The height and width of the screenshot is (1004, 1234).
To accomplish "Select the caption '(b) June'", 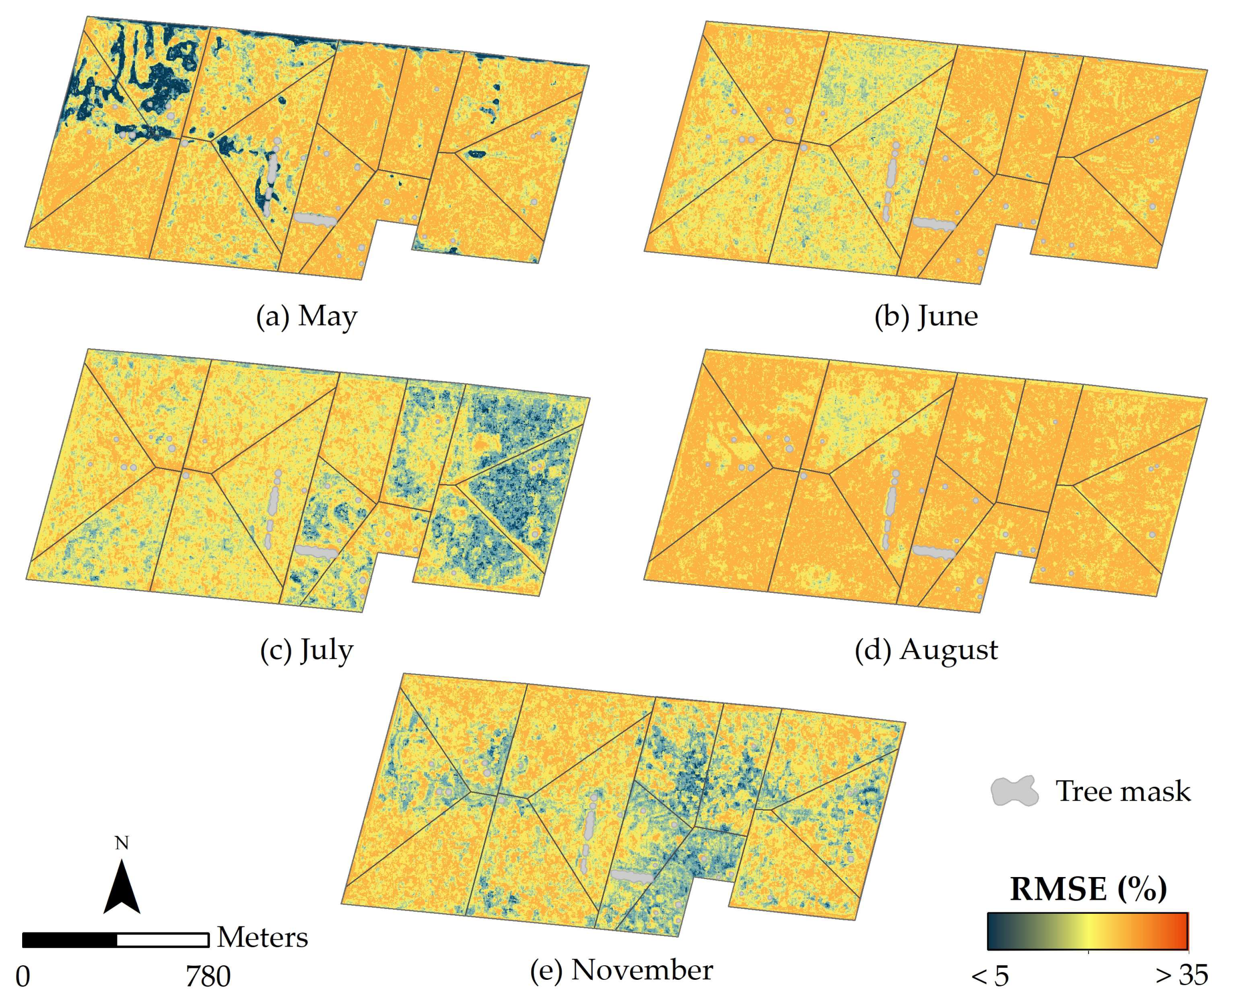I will coord(926,317).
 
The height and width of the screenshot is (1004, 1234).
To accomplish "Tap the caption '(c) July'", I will coord(306,650).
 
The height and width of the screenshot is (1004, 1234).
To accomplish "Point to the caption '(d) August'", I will coord(926,650).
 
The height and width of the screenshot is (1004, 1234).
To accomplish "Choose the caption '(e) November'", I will coord(621,970).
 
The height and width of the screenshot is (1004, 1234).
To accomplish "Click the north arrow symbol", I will coord(122,887).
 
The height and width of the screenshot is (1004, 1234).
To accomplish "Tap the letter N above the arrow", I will coord(121,843).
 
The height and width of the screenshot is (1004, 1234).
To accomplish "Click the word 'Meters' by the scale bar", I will coord(262,937).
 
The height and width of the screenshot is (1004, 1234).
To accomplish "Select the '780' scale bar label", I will coord(208,977).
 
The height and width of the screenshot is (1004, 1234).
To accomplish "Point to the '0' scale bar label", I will coord(23,977).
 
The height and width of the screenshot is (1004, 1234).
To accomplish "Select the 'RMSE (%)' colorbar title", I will coord(1088,890).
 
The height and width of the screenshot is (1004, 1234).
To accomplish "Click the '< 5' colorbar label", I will coord(990,977).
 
